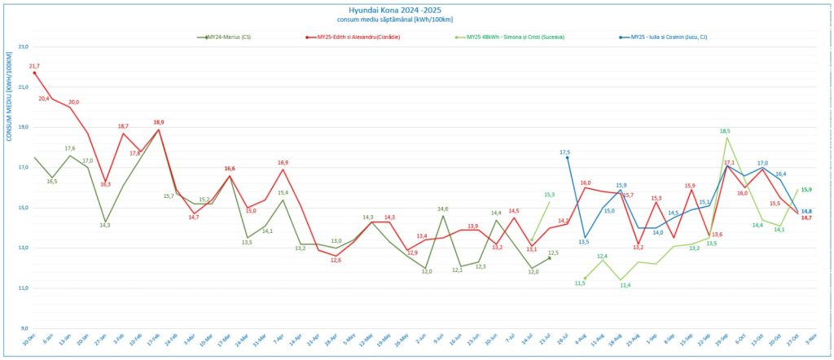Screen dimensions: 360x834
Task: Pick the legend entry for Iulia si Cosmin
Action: tap(667, 37)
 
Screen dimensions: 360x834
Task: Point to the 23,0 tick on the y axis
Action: tap(23, 47)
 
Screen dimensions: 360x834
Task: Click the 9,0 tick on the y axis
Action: tap(24, 328)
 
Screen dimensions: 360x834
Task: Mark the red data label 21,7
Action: tap(34, 66)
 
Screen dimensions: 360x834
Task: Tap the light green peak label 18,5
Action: tap(725, 131)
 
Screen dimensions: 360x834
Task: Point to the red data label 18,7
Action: tap(123, 126)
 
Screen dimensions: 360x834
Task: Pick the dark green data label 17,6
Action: tap(70, 148)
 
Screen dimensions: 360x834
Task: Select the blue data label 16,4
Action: tap(780, 173)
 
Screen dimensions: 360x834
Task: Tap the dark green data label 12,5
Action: tap(553, 252)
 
